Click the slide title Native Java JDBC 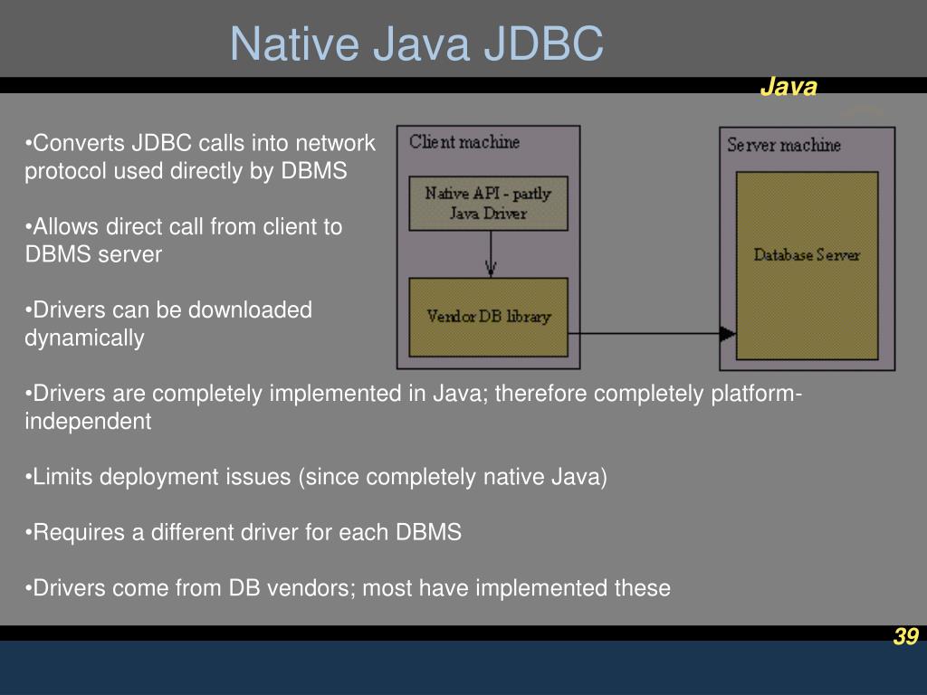tap(416, 44)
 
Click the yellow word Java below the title tap(788, 87)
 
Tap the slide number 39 tap(905, 637)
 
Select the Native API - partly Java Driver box tap(488, 203)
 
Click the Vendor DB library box tap(488, 317)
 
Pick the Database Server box tap(806, 266)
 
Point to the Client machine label tap(464, 142)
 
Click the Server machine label tap(784, 145)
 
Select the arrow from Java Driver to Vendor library tap(491, 253)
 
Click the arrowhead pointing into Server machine tap(727, 334)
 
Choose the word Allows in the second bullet tap(62, 227)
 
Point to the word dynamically tap(84, 338)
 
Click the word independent tap(88, 422)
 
